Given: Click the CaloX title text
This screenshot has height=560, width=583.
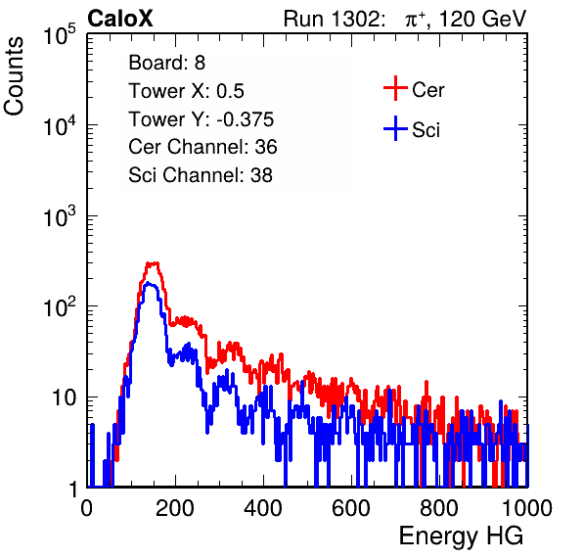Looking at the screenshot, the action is pyautogui.click(x=120, y=19).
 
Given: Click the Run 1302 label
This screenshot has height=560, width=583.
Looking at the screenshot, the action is pyautogui.click(x=334, y=19).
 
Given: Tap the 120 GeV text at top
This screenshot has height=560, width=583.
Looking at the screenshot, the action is pyautogui.click(x=482, y=19).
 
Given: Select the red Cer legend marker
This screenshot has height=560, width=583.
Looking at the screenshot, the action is pyautogui.click(x=395, y=88).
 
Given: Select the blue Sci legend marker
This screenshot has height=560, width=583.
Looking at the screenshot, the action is pyautogui.click(x=395, y=128).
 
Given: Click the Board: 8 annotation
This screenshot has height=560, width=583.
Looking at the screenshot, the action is pyautogui.click(x=166, y=63).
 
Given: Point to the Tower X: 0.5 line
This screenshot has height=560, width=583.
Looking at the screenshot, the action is pyautogui.click(x=186, y=91).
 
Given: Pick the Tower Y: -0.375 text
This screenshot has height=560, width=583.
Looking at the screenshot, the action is pyautogui.click(x=201, y=119).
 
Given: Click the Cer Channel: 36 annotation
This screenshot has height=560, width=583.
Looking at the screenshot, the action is pyautogui.click(x=202, y=147).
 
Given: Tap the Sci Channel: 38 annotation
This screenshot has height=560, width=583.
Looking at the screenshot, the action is pyautogui.click(x=201, y=175).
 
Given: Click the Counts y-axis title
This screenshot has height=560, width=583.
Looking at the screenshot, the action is pyautogui.click(x=14, y=76).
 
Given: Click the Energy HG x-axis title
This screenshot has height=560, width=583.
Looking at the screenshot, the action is pyautogui.click(x=461, y=537).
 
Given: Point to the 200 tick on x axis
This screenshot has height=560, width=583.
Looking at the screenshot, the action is pyautogui.click(x=175, y=508).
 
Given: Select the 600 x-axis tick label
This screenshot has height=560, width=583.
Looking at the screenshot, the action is pyautogui.click(x=351, y=508).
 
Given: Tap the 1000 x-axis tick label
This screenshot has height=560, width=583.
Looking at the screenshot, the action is pyautogui.click(x=527, y=508).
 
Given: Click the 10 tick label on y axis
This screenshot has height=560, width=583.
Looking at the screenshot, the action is pyautogui.click(x=65, y=397).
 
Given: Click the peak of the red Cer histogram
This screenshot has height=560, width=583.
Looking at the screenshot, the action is pyautogui.click(x=153, y=263).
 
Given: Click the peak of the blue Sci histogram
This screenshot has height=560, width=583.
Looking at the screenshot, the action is pyautogui.click(x=149, y=284).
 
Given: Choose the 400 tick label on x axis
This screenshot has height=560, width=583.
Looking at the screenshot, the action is pyautogui.click(x=263, y=508).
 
